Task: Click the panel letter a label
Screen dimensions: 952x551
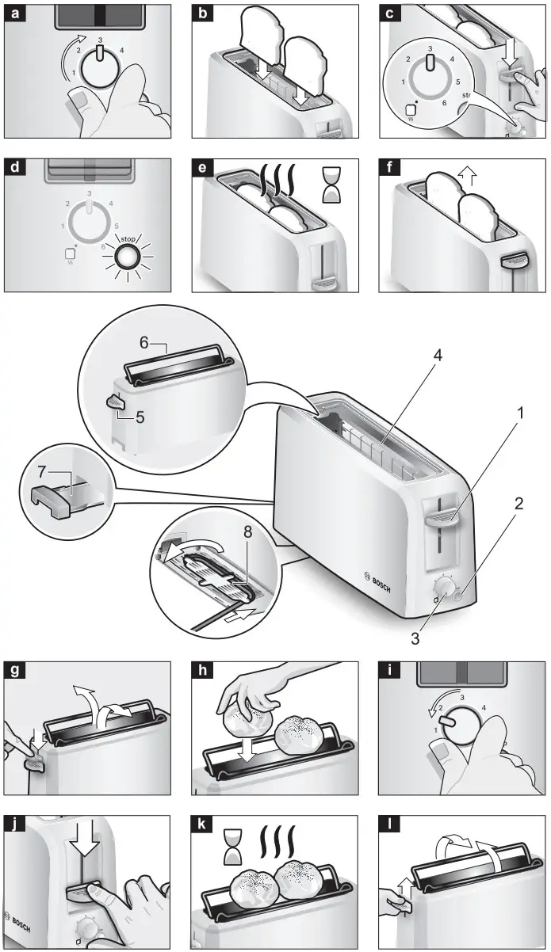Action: pyautogui.click(x=14, y=13)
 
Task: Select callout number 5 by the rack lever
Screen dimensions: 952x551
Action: pyautogui.click(x=140, y=414)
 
